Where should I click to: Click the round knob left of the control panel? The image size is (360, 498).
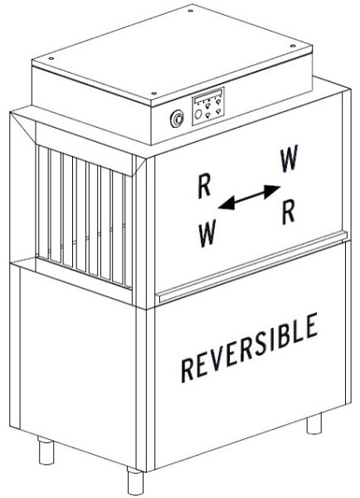pos(178,119)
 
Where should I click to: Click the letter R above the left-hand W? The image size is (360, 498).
pos(204,187)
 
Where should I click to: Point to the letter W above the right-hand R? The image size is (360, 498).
pos(289,158)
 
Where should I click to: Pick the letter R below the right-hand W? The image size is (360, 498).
pos(289,212)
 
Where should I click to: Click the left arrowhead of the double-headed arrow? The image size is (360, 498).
pos(226,204)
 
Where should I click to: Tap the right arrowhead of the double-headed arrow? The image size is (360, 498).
pos(272,190)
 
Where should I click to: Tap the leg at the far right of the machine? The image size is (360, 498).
pos(314,423)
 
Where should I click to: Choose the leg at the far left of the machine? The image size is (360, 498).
pos(46,451)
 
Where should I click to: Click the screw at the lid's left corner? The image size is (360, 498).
pos(51,58)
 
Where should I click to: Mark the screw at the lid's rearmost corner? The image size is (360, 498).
pos(191,11)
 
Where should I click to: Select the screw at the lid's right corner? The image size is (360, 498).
pos(293,46)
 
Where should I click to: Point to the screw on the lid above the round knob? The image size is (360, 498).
pos(153,93)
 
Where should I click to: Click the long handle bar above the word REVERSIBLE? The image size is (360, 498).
pos(251,266)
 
